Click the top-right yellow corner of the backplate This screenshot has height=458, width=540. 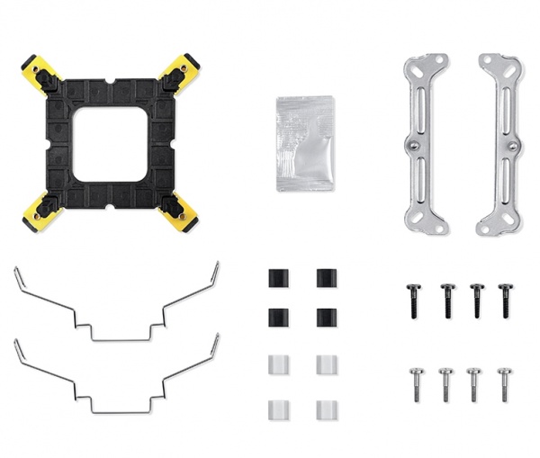183,70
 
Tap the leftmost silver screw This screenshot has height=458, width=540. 415,383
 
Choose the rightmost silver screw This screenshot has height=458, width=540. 505,383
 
